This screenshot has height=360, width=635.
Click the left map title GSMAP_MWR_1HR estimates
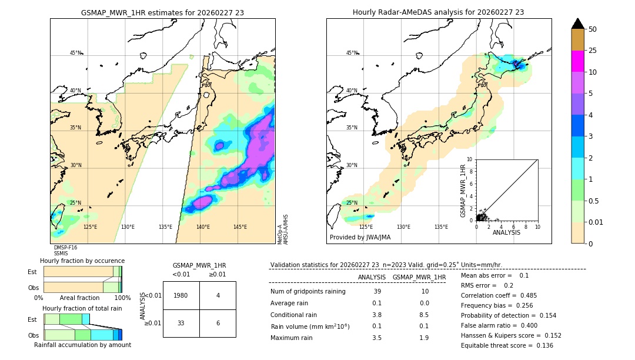click(162, 12)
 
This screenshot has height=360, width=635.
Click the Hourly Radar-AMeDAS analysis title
click(438, 12)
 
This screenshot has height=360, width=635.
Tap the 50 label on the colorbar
click(593, 29)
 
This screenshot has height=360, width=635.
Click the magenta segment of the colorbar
click(578, 61)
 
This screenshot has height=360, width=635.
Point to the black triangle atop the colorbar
click(578, 24)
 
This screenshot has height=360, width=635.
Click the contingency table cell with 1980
click(181, 295)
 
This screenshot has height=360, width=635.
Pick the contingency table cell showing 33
click(181, 323)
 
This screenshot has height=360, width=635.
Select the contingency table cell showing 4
click(218, 295)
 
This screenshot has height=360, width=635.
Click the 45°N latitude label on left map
click(75, 53)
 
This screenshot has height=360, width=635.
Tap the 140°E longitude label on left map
click(203, 227)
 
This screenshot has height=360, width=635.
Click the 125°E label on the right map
click(366, 227)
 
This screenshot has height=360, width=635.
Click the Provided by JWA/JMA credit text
click(360, 238)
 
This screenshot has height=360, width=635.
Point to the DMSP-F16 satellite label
click(65, 248)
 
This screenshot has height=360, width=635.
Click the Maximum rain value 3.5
click(377, 338)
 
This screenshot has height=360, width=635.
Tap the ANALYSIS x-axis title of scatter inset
click(506, 232)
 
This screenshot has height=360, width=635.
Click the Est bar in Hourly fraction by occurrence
click(82, 272)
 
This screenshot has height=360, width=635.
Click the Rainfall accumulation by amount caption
click(82, 345)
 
